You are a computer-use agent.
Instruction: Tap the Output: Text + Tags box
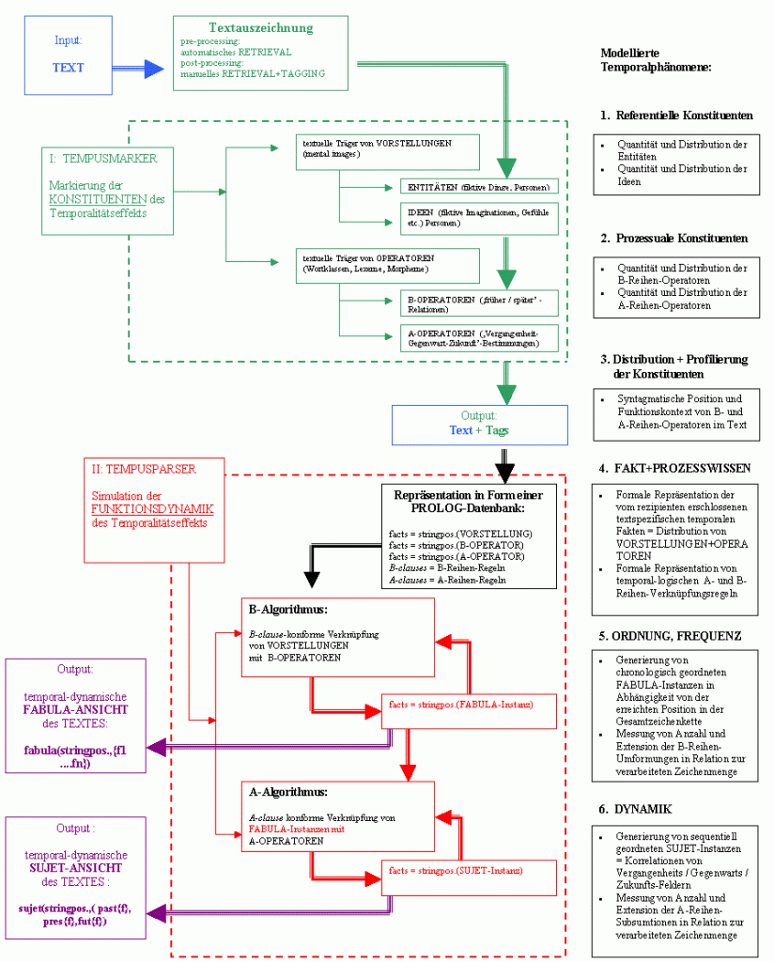click(x=480, y=423)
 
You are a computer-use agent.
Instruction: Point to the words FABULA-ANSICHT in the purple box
click(x=75, y=711)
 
